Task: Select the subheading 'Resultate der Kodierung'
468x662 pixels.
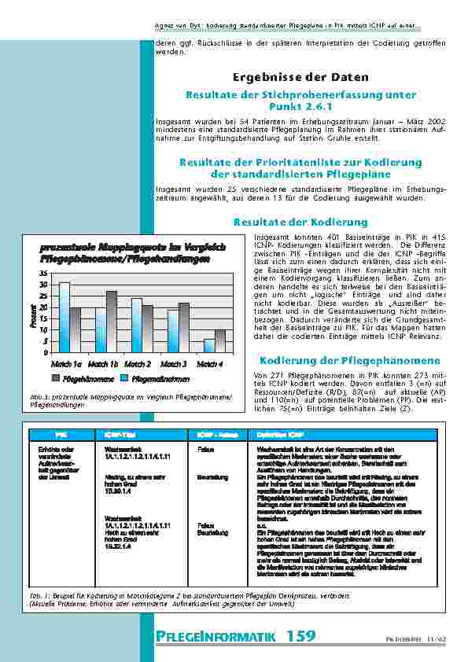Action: [x=300, y=223]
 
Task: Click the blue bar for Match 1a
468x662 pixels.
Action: [x=64, y=317]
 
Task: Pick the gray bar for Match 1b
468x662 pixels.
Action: [x=112, y=322]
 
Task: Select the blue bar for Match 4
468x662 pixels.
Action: [x=209, y=346]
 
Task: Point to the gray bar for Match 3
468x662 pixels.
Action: [x=184, y=327]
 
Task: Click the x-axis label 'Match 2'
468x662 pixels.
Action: [x=138, y=364]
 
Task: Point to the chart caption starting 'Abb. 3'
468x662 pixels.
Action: [x=130, y=401]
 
